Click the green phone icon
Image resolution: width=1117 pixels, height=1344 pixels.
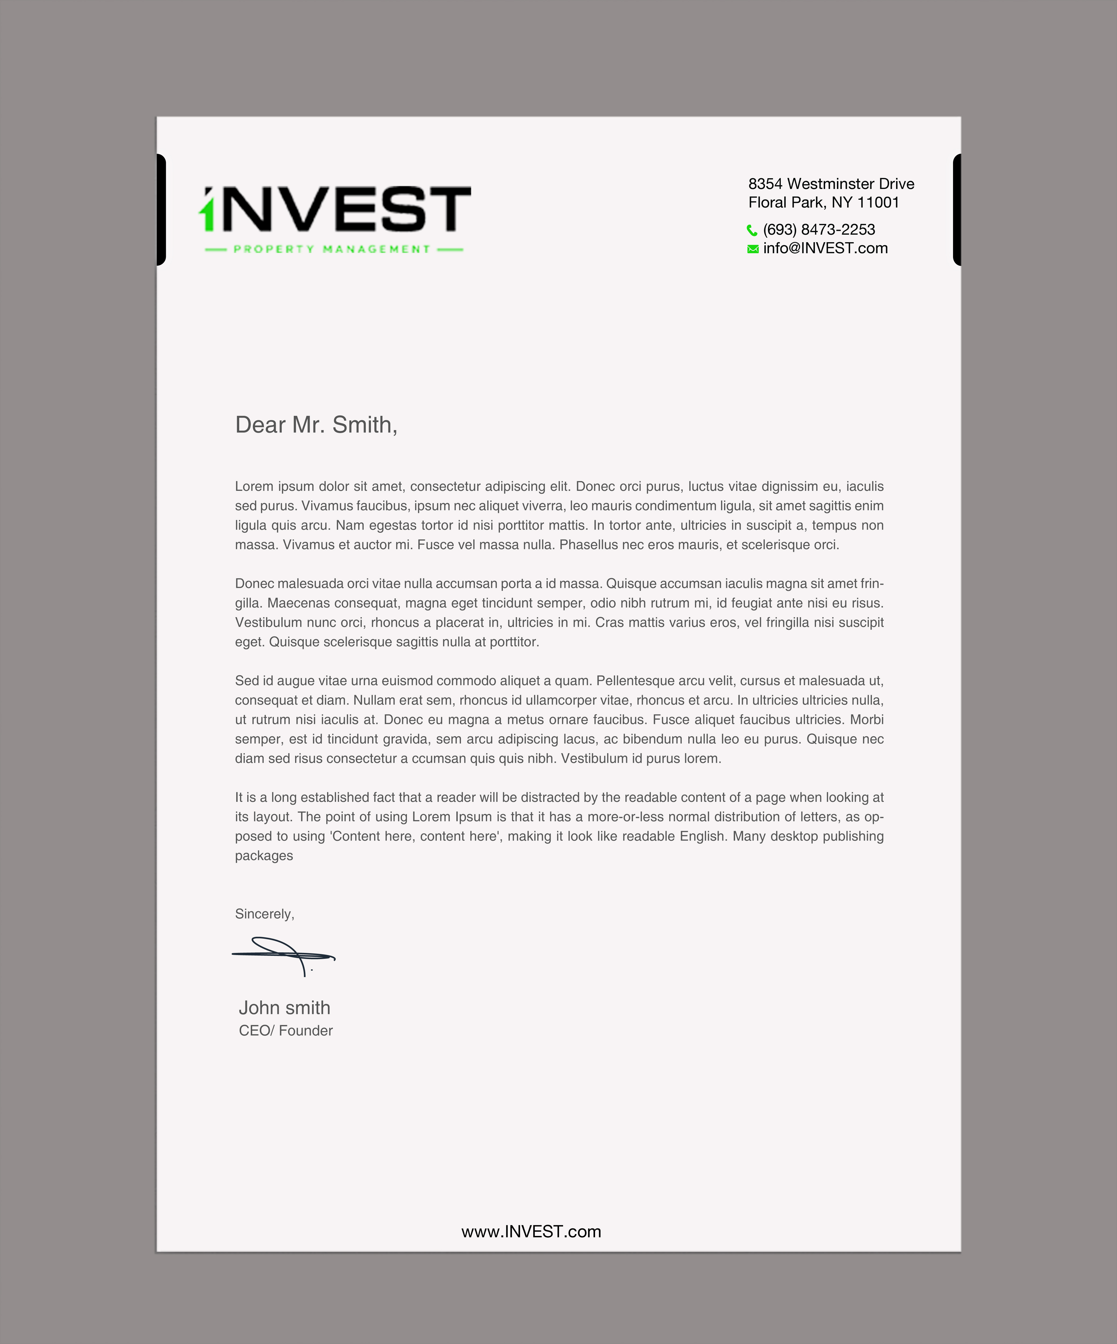[x=752, y=230]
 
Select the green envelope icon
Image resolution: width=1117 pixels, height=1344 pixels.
[x=753, y=249]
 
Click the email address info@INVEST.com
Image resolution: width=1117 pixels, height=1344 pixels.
[x=825, y=248]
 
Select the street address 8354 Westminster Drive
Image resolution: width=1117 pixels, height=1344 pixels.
[x=831, y=184]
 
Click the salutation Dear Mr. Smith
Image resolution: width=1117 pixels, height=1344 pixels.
[x=316, y=424]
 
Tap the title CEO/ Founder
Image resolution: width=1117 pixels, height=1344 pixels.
[x=285, y=1030]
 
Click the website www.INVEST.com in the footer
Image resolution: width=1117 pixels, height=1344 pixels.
[x=531, y=1231]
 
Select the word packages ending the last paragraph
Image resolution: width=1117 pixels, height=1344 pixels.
[x=264, y=856]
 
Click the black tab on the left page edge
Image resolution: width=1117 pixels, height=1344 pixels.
[x=161, y=209]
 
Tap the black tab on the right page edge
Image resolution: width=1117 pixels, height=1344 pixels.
[x=957, y=209]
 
